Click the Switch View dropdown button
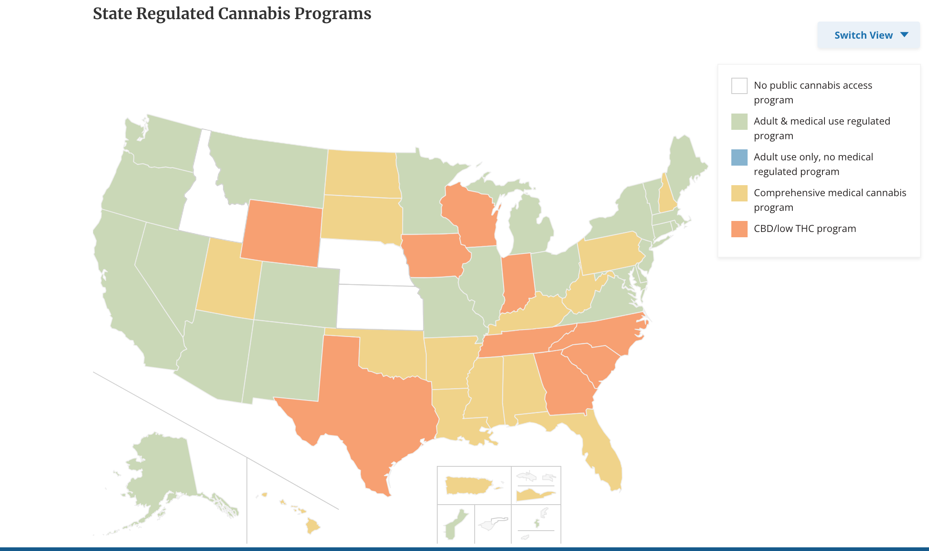click(868, 35)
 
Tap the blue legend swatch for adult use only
click(739, 157)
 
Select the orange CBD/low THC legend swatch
click(739, 229)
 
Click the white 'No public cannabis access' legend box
click(739, 86)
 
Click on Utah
click(228, 281)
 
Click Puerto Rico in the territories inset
click(468, 485)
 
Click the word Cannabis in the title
click(253, 13)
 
